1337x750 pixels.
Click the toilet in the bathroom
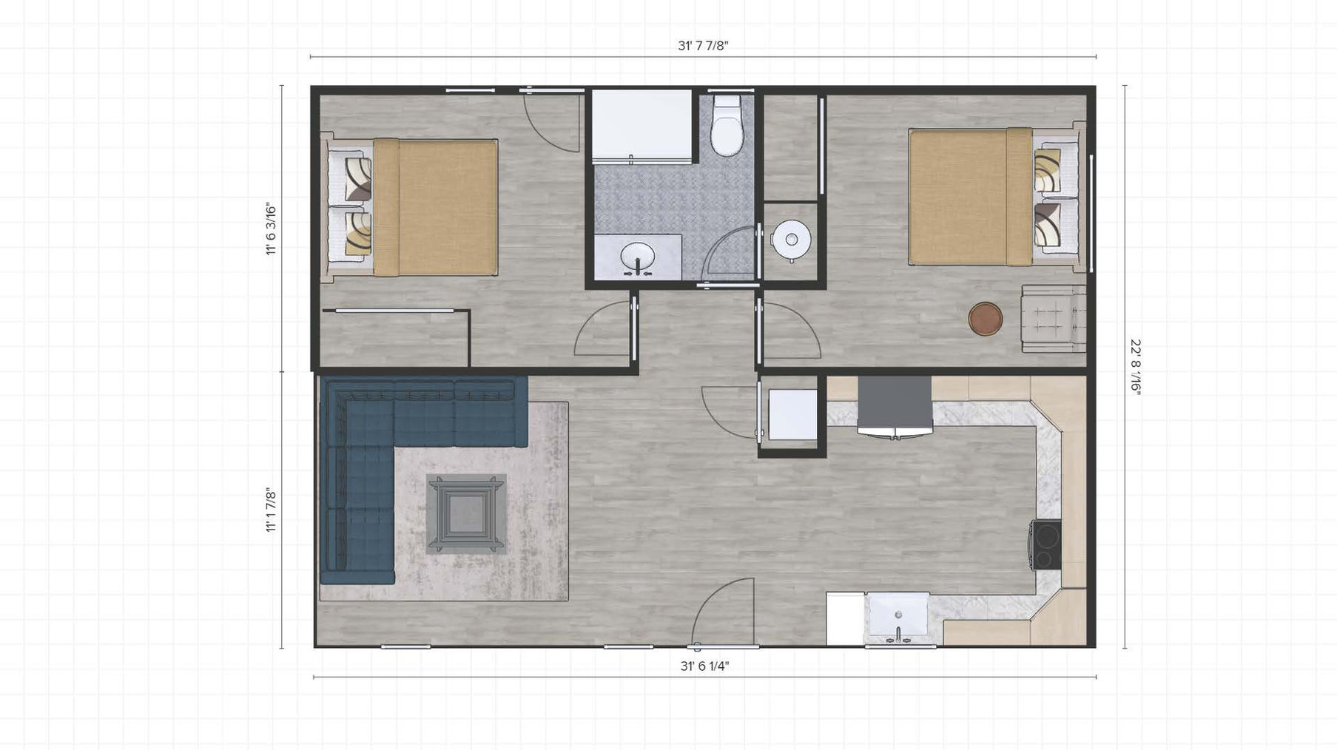click(x=727, y=127)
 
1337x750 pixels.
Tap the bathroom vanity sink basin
click(x=637, y=258)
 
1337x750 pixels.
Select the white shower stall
click(x=642, y=124)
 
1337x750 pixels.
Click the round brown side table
click(x=986, y=319)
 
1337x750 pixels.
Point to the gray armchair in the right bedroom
click(x=1054, y=318)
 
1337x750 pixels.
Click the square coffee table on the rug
click(x=466, y=514)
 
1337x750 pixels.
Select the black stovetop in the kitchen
click(x=1046, y=545)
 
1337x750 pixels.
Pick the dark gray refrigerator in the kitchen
click(x=895, y=406)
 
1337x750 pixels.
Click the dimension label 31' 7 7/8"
click(x=703, y=46)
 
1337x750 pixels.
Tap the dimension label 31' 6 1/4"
click(x=704, y=666)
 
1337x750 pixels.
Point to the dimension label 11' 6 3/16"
click(x=272, y=229)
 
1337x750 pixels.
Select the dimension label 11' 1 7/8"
click(x=272, y=511)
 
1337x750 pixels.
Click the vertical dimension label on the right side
click(x=1135, y=368)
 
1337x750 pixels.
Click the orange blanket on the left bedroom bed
click(x=435, y=207)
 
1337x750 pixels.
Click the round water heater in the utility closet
click(x=791, y=240)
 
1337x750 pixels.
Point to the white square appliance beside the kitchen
click(x=792, y=414)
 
